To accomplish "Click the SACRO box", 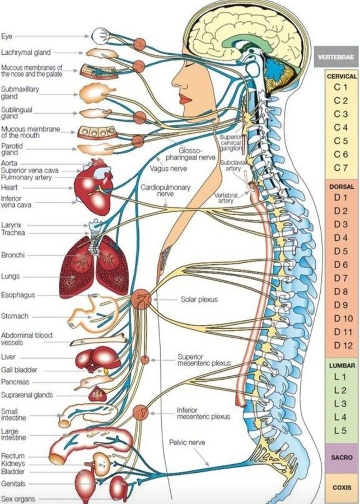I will [x=342, y=457].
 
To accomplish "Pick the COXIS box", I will [x=342, y=487].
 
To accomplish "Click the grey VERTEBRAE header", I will [x=335, y=57].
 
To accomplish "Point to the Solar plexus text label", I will [x=199, y=300].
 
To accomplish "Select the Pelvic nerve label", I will [x=187, y=442].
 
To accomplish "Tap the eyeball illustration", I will [x=101, y=36].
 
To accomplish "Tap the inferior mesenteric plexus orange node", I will [x=140, y=413].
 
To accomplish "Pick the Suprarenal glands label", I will [x=27, y=395].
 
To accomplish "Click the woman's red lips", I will [x=185, y=99].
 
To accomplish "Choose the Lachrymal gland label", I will [x=26, y=53].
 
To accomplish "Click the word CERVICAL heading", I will [x=341, y=76].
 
